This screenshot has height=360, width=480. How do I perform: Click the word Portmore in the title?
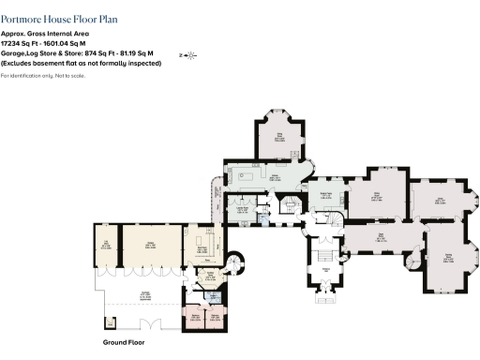pyautogui.click(x=22, y=17)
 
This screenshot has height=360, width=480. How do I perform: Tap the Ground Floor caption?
pyautogui.click(x=122, y=343)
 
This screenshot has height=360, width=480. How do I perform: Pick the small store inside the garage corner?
pyautogui.click(x=112, y=322)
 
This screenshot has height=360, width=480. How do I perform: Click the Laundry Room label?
pyautogui.click(x=240, y=209)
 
